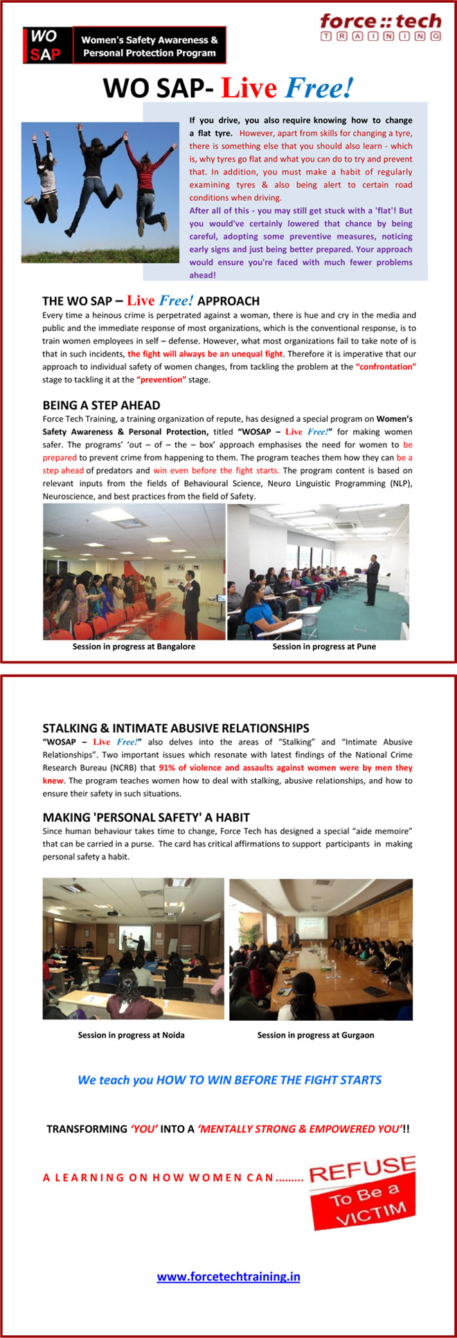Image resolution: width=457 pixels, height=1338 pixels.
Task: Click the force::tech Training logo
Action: (380, 27)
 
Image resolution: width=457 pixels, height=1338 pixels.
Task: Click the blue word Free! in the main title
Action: (319, 89)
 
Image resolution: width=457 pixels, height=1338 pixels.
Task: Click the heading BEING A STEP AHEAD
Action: (101, 405)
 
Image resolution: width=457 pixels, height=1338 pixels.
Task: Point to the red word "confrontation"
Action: (386, 366)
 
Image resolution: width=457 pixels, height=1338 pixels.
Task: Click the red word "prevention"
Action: (161, 380)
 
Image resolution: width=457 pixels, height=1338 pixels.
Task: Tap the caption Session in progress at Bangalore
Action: (134, 646)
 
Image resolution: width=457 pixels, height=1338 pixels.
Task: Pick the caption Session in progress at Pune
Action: (324, 646)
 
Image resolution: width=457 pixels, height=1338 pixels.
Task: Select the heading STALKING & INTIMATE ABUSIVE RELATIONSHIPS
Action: (176, 728)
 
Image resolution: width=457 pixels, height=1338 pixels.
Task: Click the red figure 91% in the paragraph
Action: (168, 767)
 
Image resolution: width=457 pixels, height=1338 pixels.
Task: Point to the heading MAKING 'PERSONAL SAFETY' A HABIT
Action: (146, 817)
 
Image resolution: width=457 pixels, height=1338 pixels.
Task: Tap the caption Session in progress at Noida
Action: (131, 1035)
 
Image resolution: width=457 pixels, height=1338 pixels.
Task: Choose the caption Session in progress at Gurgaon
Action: (315, 1035)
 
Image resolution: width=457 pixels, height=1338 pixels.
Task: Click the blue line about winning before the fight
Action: (229, 1080)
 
